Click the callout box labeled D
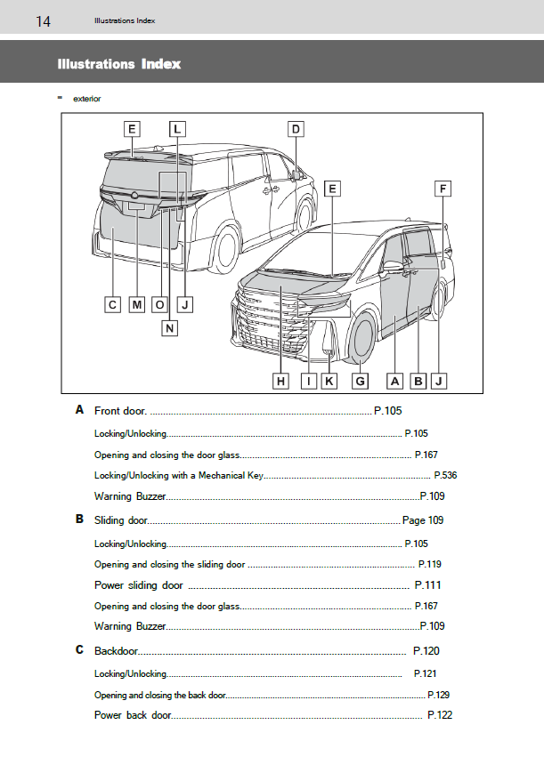coord(296,129)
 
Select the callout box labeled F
coord(443,189)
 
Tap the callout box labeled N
coord(170,327)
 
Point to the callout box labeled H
coord(280,381)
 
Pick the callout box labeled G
coord(360,381)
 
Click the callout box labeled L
coord(176,129)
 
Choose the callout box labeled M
coord(136,305)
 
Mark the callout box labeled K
coord(329,381)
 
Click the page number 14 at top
coord(43,21)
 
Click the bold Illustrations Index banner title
coord(118,64)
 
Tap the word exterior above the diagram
coord(86,99)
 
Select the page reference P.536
coord(445,475)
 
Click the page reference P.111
coord(427,585)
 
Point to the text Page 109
coord(423,520)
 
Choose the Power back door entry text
coord(133,715)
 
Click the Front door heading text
coord(120,411)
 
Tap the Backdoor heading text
coord(117,651)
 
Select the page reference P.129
coord(438,695)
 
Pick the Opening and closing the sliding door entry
coord(169,564)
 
